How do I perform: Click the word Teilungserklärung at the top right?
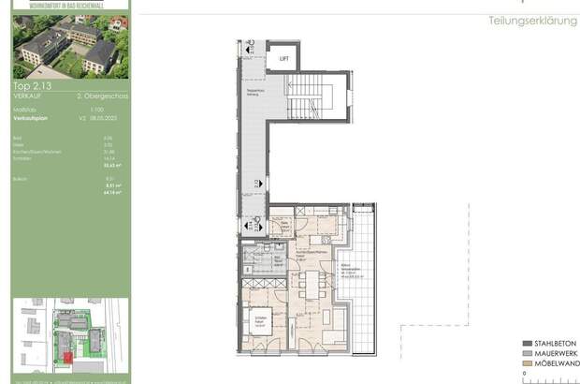tap(533, 21)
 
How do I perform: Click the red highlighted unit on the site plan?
tap(66, 353)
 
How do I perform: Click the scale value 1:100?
tap(82, 111)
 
